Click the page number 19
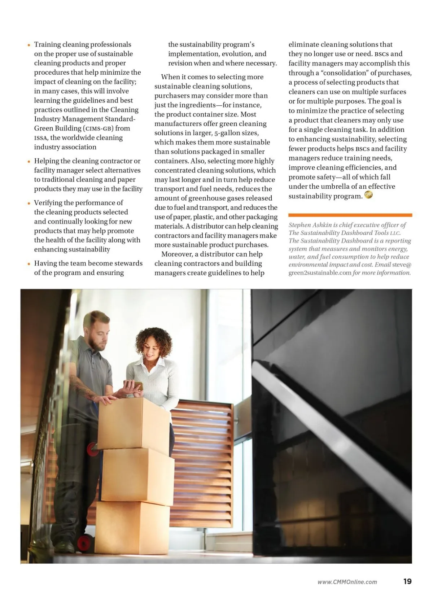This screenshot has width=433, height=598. (x=407, y=581)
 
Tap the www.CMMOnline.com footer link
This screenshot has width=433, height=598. (x=347, y=582)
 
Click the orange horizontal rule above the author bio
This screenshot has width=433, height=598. (x=350, y=215)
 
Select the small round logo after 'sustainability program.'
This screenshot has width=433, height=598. (x=368, y=195)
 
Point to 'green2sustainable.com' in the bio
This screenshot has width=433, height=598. (x=320, y=273)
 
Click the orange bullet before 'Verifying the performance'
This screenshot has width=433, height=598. (x=29, y=203)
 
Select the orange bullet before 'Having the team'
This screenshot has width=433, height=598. (x=29, y=264)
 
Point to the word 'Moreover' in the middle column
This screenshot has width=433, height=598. (x=176, y=254)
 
